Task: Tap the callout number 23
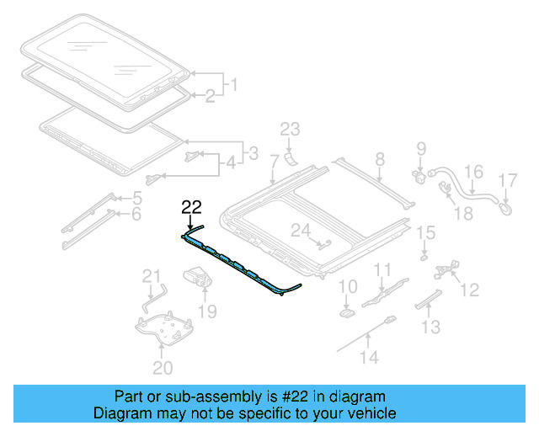(290, 129)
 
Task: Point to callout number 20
(163, 367)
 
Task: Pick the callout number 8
(379, 157)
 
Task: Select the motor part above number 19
(199, 276)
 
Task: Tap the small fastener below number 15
(424, 253)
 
